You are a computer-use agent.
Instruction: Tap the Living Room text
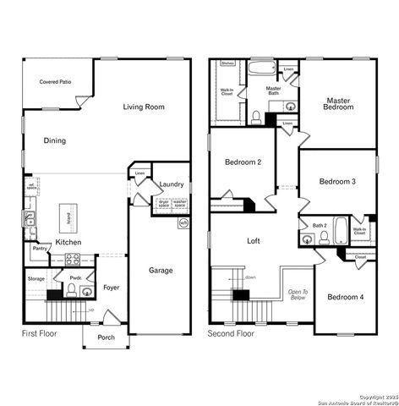(143, 107)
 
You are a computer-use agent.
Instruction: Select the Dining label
(55, 140)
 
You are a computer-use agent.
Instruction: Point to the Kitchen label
(68, 243)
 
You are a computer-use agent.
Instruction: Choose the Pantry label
(40, 249)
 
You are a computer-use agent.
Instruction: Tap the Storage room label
(36, 278)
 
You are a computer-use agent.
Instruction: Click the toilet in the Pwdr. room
(73, 292)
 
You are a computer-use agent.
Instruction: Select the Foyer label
(112, 288)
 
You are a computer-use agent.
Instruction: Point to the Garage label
(161, 271)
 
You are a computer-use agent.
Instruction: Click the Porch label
(106, 338)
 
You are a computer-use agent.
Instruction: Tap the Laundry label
(172, 184)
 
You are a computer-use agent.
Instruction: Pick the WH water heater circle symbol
(183, 222)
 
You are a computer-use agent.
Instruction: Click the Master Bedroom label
(339, 104)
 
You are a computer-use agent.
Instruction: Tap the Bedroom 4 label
(345, 297)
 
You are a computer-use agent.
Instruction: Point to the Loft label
(254, 241)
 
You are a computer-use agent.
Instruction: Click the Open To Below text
(297, 294)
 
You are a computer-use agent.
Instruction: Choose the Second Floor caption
(231, 334)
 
